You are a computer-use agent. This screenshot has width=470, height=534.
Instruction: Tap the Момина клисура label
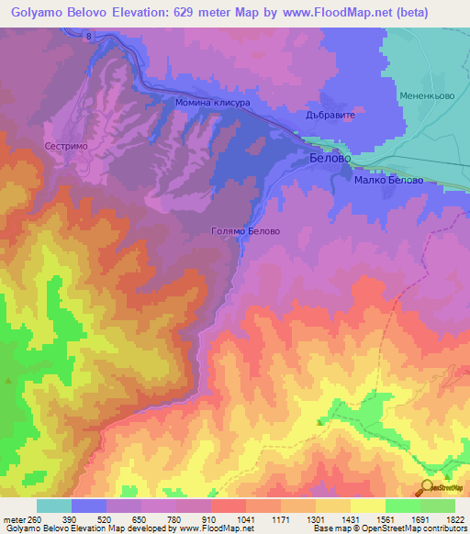[213, 103]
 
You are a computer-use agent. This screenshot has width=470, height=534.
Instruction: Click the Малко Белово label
[388, 180]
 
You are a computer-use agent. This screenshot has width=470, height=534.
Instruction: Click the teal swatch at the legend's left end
[54, 506]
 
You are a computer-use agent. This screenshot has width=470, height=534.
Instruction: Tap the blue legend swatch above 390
[89, 506]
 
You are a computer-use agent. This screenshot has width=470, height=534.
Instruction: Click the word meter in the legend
[12, 518]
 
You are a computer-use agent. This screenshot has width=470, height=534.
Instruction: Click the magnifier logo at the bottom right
[429, 488]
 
